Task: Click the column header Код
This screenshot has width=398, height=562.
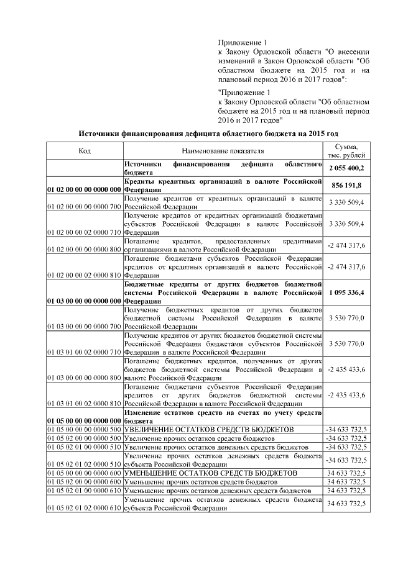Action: coord(84,150)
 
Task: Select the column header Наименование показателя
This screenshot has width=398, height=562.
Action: coord(223,150)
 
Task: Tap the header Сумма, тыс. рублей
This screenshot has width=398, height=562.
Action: coord(346,150)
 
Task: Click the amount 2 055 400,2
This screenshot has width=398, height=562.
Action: coord(346,168)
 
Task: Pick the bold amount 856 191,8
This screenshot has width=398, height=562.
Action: coord(346,185)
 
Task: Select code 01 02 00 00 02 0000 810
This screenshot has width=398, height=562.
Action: coord(84,273)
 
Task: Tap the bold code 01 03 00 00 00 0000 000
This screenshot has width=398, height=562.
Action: coord(84,300)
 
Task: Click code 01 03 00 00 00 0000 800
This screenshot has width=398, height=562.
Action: coord(84,378)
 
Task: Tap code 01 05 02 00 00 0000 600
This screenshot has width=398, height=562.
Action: coord(84,482)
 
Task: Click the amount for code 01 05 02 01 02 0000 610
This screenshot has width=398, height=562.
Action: coord(346,503)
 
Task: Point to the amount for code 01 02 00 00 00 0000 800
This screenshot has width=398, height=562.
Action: coord(346,247)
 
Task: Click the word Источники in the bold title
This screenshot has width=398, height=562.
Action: coord(99,133)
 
